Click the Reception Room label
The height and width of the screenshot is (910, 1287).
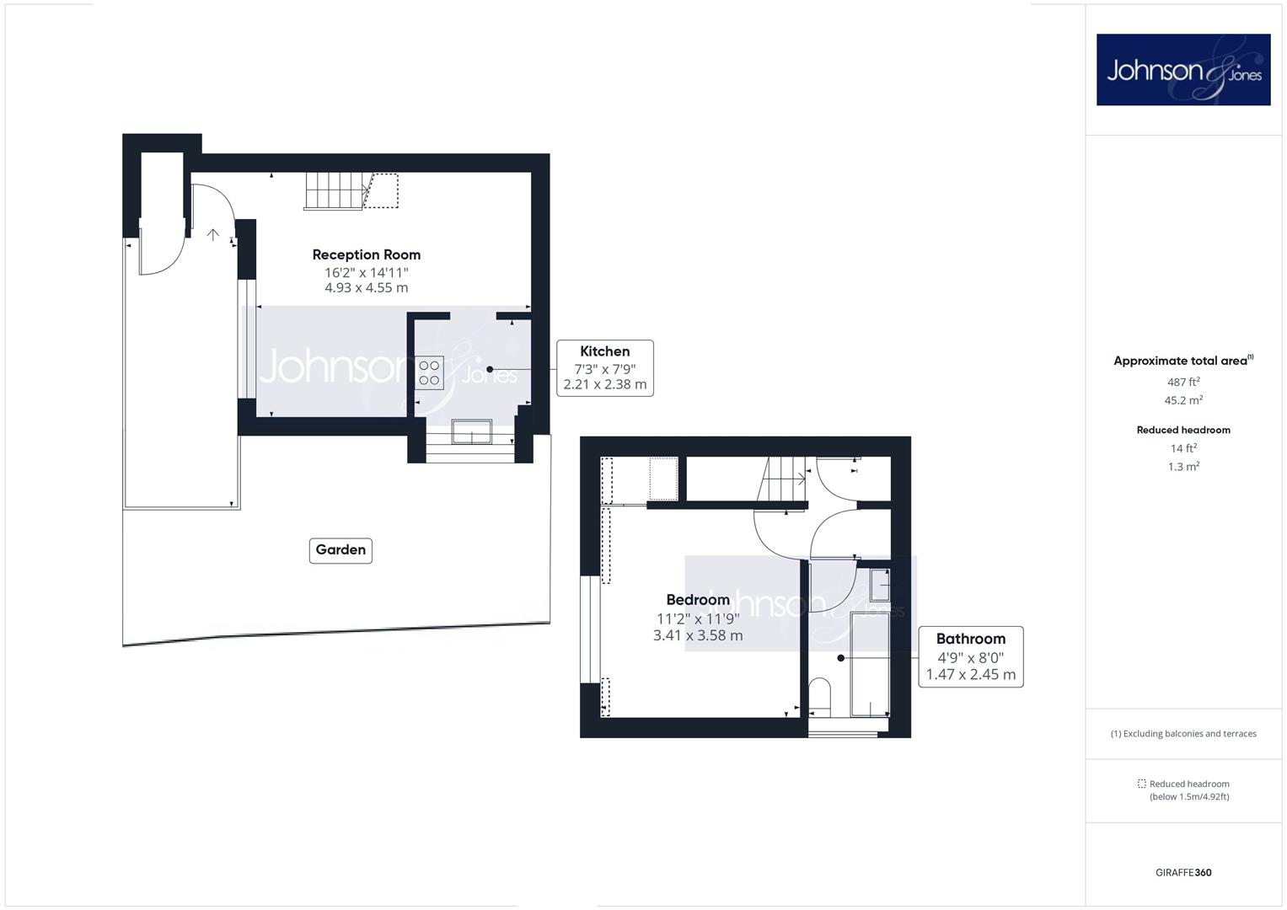pyautogui.click(x=366, y=254)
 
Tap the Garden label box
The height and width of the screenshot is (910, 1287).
pyautogui.click(x=341, y=550)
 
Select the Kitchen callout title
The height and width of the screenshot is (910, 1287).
pyautogui.click(x=604, y=351)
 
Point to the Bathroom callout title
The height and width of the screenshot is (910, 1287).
pyautogui.click(x=970, y=639)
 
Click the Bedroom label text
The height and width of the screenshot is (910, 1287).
pyautogui.click(x=698, y=599)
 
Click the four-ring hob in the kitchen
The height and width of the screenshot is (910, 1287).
pyautogui.click(x=429, y=372)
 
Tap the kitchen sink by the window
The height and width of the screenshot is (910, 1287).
pyautogui.click(x=472, y=431)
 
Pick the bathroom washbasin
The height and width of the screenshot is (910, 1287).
pyautogui.click(x=879, y=585)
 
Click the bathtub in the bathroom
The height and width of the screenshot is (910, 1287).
pyautogui.click(x=870, y=664)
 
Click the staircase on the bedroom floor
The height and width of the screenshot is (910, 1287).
pyautogui.click(x=782, y=479)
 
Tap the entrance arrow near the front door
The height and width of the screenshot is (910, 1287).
pyautogui.click(x=213, y=234)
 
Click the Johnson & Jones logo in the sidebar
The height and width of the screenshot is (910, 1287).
pyautogui.click(x=1183, y=69)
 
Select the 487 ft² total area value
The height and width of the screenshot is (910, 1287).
pyautogui.click(x=1183, y=382)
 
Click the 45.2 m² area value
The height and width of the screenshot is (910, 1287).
pyautogui.click(x=1183, y=400)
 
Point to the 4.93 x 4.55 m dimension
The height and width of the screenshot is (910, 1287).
pyautogui.click(x=366, y=287)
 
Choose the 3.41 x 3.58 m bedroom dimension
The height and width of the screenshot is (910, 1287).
pyautogui.click(x=698, y=635)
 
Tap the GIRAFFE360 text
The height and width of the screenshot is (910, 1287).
pyautogui.click(x=1183, y=872)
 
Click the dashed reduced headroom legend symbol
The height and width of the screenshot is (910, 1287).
pyautogui.click(x=1141, y=784)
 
